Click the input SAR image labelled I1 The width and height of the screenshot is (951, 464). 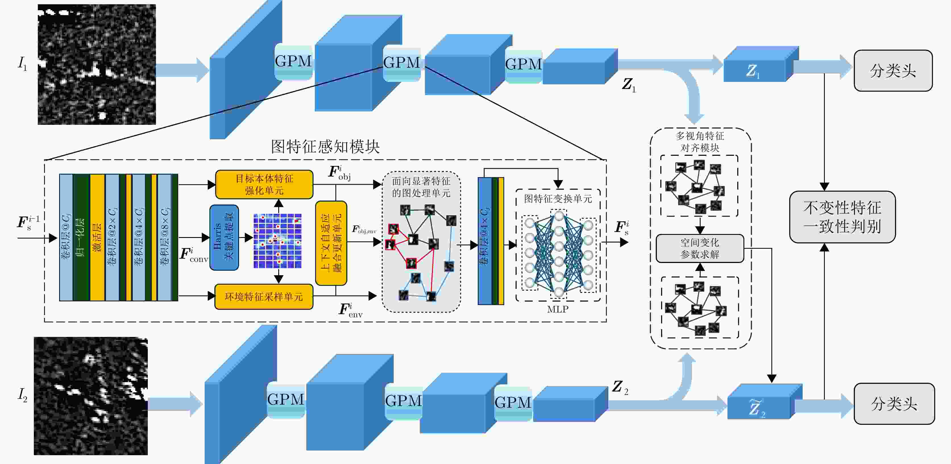click(97, 64)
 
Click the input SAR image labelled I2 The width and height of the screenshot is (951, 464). click(91, 396)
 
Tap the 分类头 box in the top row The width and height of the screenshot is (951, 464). click(893, 71)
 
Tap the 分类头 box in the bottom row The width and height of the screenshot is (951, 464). click(894, 403)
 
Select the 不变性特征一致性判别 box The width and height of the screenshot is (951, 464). click(842, 217)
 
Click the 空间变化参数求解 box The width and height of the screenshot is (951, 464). click(699, 248)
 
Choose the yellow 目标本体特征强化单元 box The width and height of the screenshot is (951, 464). click(264, 184)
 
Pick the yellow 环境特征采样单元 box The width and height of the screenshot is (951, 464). click(263, 296)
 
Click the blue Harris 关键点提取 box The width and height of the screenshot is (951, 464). click(224, 237)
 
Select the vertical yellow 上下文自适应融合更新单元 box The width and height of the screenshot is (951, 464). click(331, 243)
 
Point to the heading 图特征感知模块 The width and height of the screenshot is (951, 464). click(325, 147)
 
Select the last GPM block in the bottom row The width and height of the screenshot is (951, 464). click(513, 403)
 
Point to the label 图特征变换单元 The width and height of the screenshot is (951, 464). click(558, 199)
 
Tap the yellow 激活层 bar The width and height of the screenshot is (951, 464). click(97, 237)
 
